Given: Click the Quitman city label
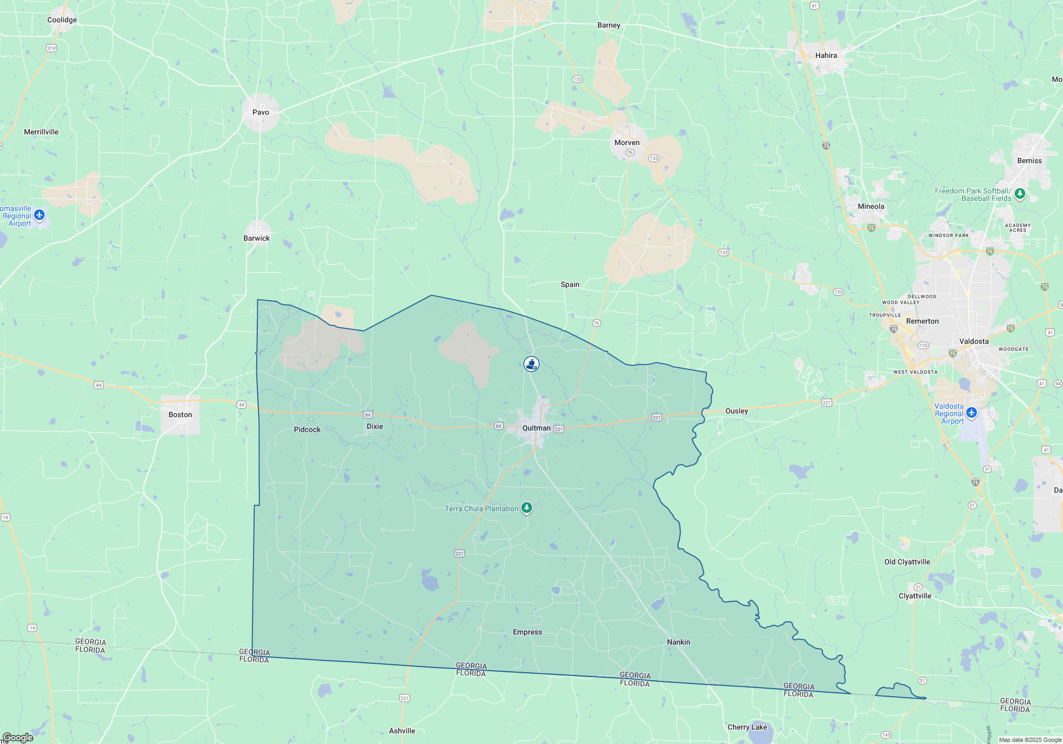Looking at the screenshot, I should coord(536,428).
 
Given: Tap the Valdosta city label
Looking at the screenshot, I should coord(974,341).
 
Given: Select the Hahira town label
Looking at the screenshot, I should coord(826,55).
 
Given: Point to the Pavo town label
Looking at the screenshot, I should coord(260,112).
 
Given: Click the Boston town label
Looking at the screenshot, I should coord(180,415).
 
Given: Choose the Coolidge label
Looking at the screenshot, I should coord(62,20).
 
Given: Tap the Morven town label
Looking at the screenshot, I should coord(627,142).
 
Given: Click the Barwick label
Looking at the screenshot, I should coord(257,238).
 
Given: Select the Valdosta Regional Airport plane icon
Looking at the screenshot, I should coord(972,412).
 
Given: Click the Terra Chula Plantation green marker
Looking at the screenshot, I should coord(526,508).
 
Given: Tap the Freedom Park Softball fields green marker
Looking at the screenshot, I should coord(1019,193).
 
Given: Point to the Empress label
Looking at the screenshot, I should coord(527,632).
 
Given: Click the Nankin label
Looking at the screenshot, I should coord(678,642).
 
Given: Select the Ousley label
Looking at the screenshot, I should coord(736,411).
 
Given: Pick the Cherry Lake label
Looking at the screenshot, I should coord(747,727).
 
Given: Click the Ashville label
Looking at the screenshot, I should coord(402,731).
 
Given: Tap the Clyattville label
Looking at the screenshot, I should coord(915,596).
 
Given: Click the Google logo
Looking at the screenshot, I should coord(18,737).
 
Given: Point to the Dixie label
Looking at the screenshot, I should coord(375,426).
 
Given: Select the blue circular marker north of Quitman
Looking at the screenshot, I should coord(531,364).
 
